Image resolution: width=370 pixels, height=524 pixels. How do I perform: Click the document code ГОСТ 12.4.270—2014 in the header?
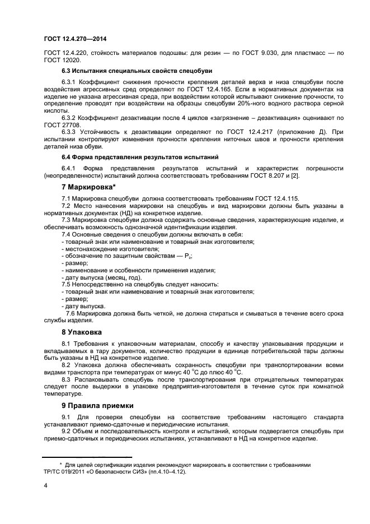(x=74, y=39)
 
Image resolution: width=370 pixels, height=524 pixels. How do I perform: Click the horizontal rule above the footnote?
(x=87, y=457)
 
